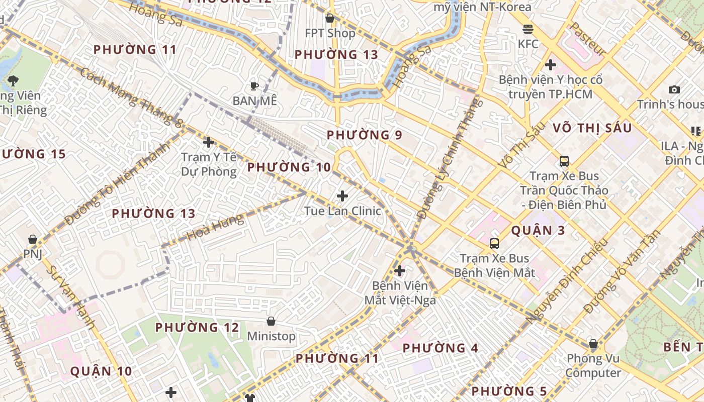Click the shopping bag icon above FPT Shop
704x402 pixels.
330,19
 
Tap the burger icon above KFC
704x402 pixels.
527,29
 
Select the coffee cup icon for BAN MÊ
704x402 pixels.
254,86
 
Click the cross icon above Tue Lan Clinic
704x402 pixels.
342,195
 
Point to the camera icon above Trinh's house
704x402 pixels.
674,90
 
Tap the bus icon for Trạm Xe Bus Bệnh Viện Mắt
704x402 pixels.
494,244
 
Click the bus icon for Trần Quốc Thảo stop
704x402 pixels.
564,161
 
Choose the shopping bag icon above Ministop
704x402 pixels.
271,321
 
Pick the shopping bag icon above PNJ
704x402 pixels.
33,239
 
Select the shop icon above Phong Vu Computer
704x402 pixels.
593,344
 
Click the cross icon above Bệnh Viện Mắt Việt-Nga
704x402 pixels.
400,271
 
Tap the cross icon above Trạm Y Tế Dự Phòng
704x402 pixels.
209,142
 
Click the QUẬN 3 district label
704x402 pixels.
538,231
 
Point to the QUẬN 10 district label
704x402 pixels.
101,371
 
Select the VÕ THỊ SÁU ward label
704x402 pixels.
592,128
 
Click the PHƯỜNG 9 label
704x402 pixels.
365,135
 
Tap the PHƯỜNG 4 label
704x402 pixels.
441,348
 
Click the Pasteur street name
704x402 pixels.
588,39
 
